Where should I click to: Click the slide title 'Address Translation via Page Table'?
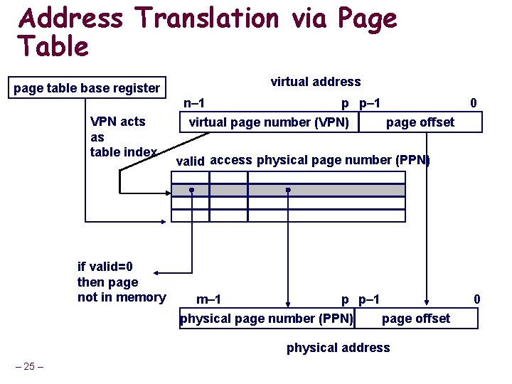[206, 32]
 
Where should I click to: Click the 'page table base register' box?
[87, 87]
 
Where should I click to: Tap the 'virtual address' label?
[315, 82]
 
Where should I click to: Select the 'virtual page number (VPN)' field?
[269, 122]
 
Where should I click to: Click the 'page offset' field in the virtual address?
[420, 122]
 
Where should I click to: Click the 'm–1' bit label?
[208, 299]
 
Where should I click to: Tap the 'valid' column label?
[190, 161]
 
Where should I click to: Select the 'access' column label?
[231, 160]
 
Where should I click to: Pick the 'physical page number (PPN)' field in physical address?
[267, 318]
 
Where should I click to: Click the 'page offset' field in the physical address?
[415, 318]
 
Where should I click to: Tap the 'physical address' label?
[338, 348]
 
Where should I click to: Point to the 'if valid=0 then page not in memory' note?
[121, 282]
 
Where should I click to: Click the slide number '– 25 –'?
[30, 366]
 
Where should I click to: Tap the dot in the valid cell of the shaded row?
[191, 191]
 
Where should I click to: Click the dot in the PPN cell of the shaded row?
[288, 191]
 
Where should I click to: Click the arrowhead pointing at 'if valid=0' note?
[159, 273]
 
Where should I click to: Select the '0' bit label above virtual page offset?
[474, 104]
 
